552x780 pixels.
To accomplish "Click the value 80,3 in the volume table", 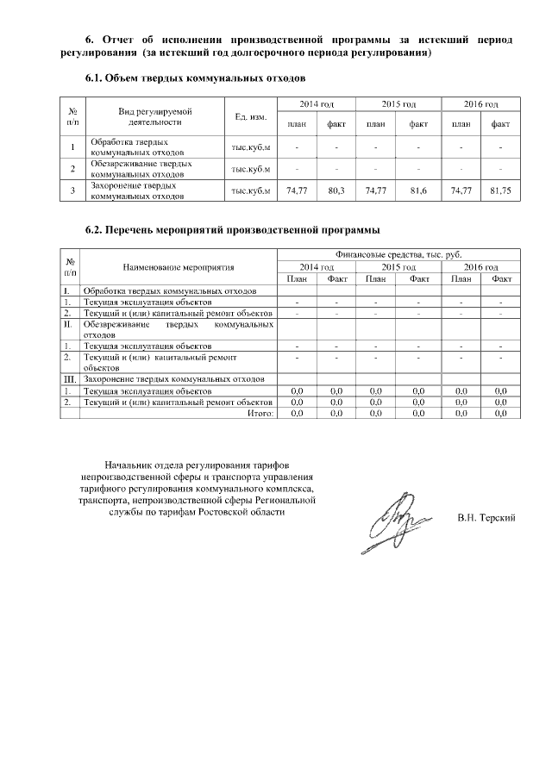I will pyautogui.click(x=336, y=190).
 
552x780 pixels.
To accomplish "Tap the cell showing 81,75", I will pyautogui.click(x=499, y=190).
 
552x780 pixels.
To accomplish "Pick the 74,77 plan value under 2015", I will pyautogui.click(x=376, y=190).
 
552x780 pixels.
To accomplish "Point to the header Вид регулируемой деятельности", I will pyautogui.click(x=154, y=117).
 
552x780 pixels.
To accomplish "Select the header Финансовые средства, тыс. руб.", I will pyautogui.click(x=398, y=255).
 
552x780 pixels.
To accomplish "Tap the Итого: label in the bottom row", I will pyautogui.click(x=260, y=414).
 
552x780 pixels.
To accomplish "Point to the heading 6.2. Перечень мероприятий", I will pyautogui.click(x=233, y=230).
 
